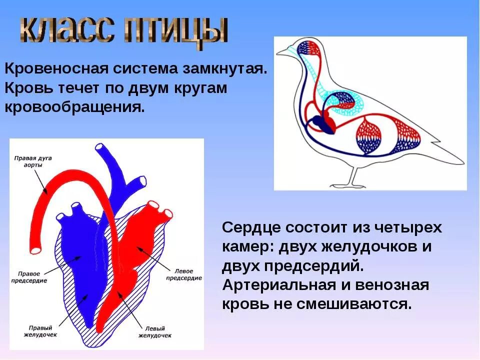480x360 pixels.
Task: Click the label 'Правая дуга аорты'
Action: (x=33, y=160)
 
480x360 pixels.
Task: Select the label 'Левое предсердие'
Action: (x=183, y=274)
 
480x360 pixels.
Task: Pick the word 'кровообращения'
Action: (x=75, y=107)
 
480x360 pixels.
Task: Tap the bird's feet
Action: (x=350, y=185)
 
